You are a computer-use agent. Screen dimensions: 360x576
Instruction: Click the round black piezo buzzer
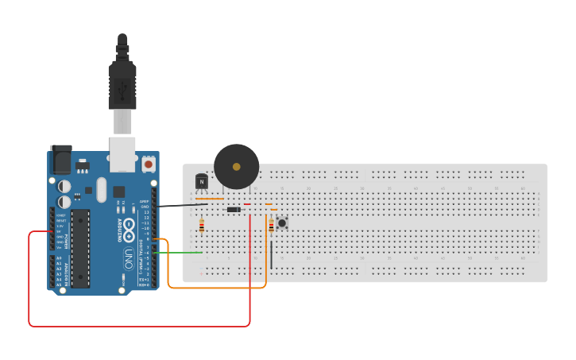click(x=236, y=166)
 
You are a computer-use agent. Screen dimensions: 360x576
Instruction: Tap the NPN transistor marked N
click(x=202, y=183)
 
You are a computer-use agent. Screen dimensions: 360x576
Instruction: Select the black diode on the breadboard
click(x=234, y=210)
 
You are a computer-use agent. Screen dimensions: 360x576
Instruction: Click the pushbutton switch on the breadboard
click(x=282, y=223)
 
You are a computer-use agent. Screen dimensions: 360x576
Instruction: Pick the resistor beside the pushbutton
click(x=272, y=226)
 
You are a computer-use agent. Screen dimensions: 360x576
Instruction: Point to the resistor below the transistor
click(x=201, y=226)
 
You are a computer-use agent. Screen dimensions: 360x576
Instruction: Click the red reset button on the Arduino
click(x=149, y=165)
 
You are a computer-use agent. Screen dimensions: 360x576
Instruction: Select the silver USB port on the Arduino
click(x=122, y=154)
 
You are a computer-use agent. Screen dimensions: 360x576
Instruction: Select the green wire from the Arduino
click(x=179, y=253)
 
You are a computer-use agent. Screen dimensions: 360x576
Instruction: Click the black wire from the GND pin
click(x=183, y=206)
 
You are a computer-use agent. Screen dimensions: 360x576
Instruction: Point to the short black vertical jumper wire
click(x=272, y=255)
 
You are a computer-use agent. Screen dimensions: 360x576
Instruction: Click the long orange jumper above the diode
click(x=210, y=199)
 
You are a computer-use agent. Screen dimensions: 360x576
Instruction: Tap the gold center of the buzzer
click(x=236, y=166)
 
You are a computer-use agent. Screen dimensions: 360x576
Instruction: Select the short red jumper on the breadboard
click(x=247, y=204)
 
